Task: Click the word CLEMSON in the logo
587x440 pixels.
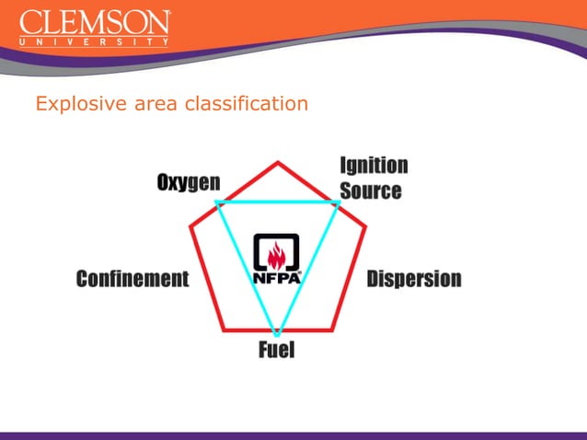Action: (95, 23)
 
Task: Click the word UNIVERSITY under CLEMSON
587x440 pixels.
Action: (95, 41)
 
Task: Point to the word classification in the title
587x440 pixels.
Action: (247, 104)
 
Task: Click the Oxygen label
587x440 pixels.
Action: (188, 183)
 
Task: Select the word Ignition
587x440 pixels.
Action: (374, 166)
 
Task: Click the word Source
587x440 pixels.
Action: (371, 191)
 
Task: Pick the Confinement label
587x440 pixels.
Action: (132, 279)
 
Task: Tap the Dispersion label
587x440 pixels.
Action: (414, 279)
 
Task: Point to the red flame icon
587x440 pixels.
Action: (277, 253)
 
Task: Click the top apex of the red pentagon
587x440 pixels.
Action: (278, 162)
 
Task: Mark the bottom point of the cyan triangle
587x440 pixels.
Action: (276, 332)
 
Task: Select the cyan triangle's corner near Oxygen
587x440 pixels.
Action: (216, 202)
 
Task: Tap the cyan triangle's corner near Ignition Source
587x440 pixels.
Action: (338, 202)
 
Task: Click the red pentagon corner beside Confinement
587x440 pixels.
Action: (190, 226)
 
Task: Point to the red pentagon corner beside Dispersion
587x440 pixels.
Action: (365, 226)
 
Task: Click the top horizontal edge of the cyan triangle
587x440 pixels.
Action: (277, 202)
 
